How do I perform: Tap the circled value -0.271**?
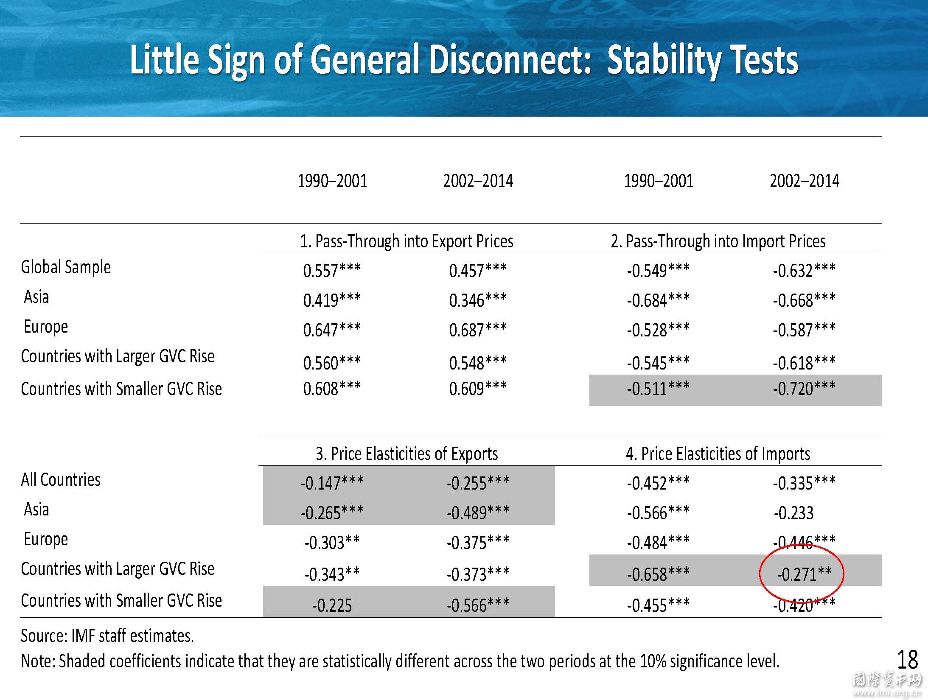804,574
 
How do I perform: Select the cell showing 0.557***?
332,270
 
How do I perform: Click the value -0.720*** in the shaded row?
804,388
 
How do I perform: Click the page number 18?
908,660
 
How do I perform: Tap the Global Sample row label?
66,268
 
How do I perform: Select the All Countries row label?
61,479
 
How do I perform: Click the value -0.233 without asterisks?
793,513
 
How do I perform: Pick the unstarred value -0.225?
332,605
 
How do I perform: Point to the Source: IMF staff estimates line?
107,636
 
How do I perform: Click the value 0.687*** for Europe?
478,330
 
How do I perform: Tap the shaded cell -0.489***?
478,512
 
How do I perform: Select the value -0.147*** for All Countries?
332,483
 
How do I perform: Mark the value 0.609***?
478,388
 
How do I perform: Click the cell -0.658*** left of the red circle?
658,574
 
